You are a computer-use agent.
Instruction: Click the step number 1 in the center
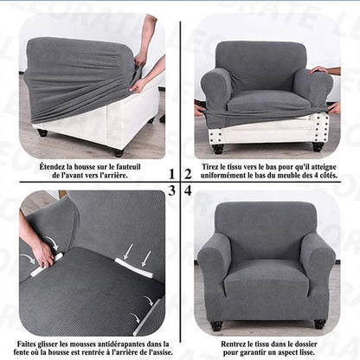pyautogui.click(x=172, y=174)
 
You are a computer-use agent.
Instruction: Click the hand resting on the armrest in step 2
pyautogui.click(x=321, y=70)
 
